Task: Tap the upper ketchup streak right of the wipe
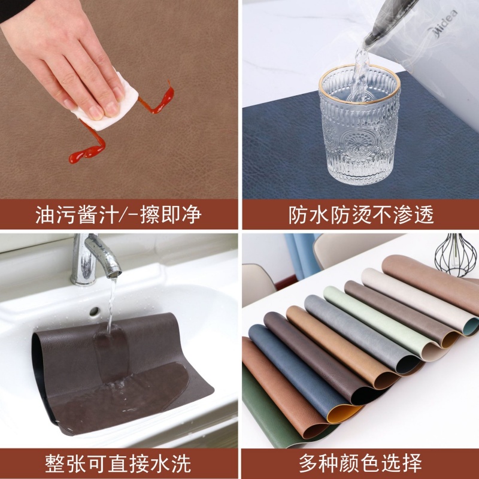[x=159, y=99]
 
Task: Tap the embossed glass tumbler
[x=359, y=125]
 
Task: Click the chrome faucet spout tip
[x=113, y=273]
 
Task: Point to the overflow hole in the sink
[x=95, y=311]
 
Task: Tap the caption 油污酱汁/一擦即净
[x=119, y=214]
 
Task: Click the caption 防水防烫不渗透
[x=361, y=214]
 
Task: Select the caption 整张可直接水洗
[x=118, y=463]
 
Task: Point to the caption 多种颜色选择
[x=360, y=463]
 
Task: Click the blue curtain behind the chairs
[x=301, y=255]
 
